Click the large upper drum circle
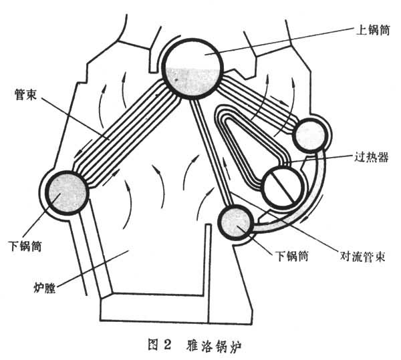click(x=193, y=67)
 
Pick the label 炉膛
click(x=45, y=290)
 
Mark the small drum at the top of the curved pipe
click(x=309, y=134)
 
